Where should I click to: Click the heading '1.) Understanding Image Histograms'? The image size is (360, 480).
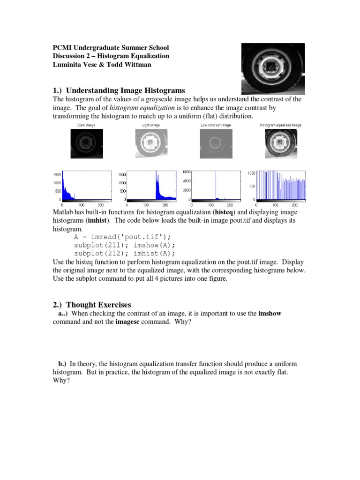pyautogui.click(x=119, y=90)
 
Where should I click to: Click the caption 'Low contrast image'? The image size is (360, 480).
pyautogui.click(x=215, y=125)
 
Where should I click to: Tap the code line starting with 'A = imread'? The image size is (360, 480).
pyautogui.click(x=120, y=237)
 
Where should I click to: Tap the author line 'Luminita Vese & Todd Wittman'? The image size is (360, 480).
pyautogui.click(x=102, y=65)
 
